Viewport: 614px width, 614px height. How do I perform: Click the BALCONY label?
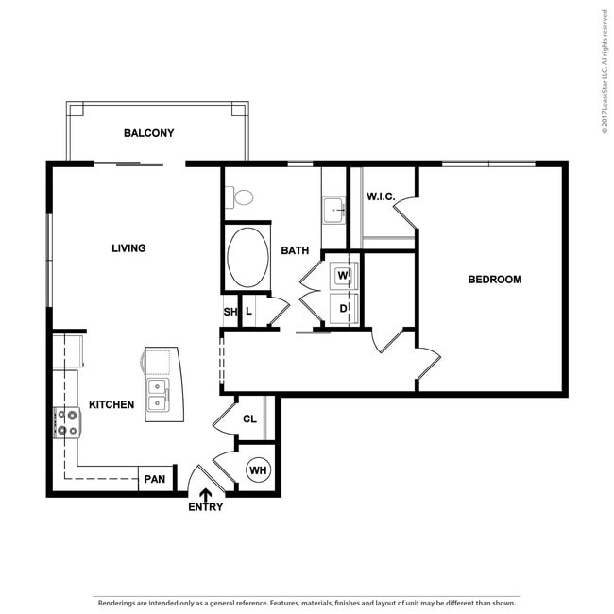149,133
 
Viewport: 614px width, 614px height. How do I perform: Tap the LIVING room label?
128,248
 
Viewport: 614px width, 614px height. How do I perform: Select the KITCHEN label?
111,404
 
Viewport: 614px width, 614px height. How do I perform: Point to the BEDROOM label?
495,280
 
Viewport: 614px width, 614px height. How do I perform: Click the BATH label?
295,251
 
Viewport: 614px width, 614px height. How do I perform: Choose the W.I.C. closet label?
380,196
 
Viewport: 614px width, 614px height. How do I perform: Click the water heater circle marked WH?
257,469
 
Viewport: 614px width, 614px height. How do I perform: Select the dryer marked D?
343,308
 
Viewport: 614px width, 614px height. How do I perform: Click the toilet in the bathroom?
242,197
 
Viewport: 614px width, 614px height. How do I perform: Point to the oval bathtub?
247,257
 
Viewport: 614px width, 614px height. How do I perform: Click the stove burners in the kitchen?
67,421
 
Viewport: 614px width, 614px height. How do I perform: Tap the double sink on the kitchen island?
157,396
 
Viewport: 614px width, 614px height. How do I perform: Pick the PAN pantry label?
154,480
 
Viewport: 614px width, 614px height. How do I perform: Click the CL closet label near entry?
249,419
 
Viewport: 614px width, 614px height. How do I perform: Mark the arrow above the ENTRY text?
205,493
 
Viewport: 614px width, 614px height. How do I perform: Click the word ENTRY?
205,507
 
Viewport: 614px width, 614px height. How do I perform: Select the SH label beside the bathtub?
230,312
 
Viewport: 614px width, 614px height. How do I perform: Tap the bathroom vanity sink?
334,209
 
